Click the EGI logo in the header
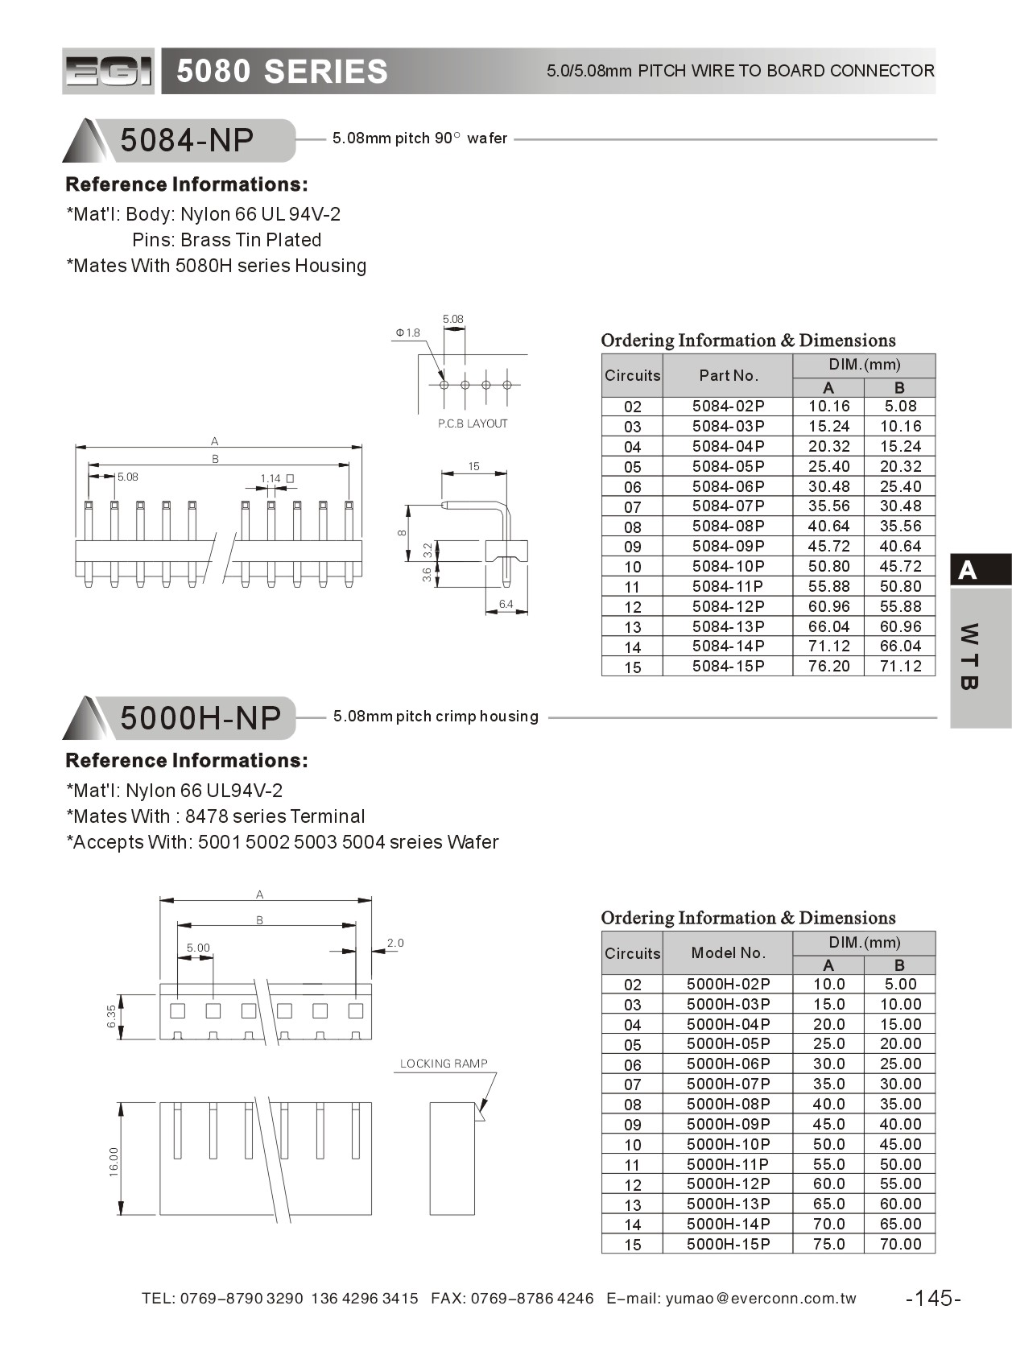point(108,72)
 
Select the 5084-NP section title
point(187,140)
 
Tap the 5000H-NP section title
point(200,717)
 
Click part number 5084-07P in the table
point(728,506)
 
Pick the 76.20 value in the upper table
point(828,666)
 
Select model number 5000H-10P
point(728,1143)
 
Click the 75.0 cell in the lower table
point(828,1243)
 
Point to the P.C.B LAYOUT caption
point(473,423)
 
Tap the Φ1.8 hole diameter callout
point(407,333)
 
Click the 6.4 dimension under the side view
point(506,604)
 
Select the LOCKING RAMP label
point(444,1064)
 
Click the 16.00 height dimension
point(114,1162)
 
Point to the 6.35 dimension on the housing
point(112,1016)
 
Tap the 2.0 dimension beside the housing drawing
point(395,943)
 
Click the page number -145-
point(933,1298)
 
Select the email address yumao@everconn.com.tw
point(761,1298)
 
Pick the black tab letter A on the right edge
point(968,570)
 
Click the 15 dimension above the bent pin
point(473,466)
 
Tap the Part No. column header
point(728,375)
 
